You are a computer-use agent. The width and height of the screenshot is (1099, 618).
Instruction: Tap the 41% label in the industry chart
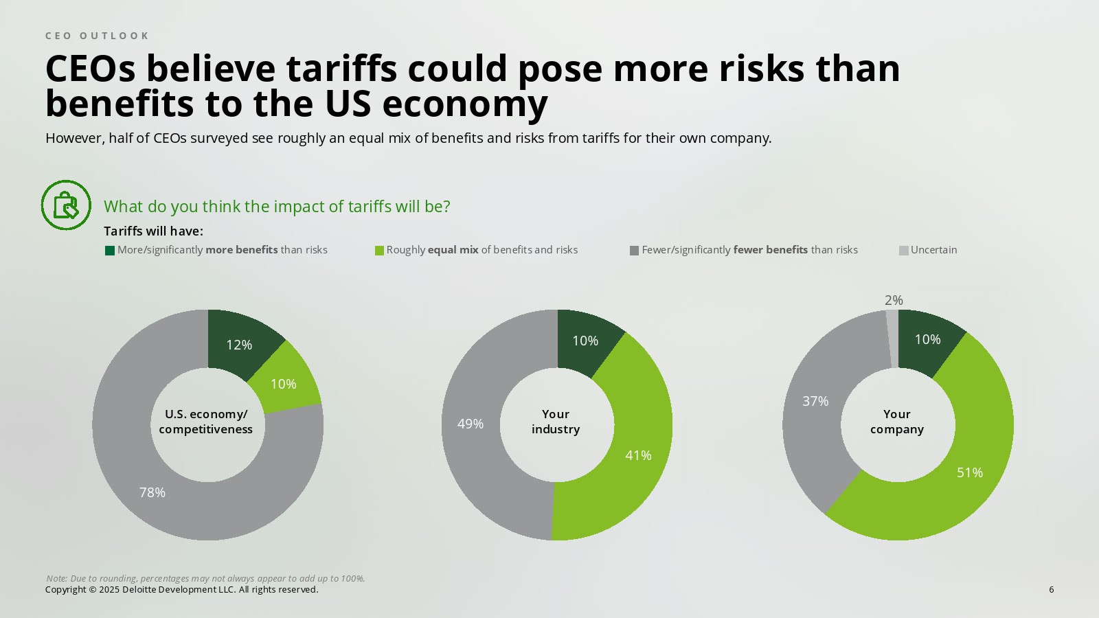point(638,455)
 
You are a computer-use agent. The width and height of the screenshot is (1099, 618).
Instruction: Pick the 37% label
point(815,401)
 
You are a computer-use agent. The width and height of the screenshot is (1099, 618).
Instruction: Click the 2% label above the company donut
point(894,300)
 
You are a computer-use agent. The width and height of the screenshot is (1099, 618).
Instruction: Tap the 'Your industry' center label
point(556,422)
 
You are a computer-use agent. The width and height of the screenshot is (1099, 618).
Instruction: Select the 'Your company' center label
point(897,422)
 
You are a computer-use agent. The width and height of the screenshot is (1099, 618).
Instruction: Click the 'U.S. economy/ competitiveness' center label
point(206,422)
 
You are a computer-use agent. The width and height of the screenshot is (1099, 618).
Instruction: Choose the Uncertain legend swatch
point(904,251)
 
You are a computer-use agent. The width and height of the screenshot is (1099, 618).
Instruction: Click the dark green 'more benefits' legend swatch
point(110,251)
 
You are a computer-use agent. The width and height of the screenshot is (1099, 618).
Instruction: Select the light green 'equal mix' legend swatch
point(379,251)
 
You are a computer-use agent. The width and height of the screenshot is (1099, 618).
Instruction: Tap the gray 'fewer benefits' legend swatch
point(634,251)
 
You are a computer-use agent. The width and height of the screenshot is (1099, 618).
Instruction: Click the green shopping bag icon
point(66,205)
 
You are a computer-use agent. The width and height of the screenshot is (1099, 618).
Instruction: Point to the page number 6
point(1051,589)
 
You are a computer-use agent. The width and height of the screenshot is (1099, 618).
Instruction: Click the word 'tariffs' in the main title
point(341,69)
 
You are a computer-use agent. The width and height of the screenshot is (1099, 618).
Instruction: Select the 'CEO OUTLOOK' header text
point(97,36)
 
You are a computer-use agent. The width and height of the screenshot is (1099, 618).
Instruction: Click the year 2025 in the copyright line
point(109,589)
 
